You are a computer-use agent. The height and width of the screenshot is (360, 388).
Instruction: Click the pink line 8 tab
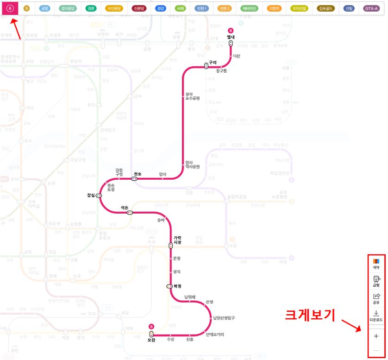coord(10,8)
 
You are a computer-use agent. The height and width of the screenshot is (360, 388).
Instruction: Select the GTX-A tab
coord(371,8)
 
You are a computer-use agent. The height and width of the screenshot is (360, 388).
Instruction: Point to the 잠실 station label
coord(90,195)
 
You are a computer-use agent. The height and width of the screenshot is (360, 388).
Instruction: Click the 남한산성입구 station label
coord(224,318)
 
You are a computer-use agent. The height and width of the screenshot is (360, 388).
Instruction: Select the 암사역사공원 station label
coord(192,164)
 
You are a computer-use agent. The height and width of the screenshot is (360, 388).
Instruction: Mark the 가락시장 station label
coord(177,240)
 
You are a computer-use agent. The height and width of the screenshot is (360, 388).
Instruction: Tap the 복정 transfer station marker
coord(169,286)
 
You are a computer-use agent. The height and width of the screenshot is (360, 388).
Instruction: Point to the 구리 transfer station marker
coord(207,66)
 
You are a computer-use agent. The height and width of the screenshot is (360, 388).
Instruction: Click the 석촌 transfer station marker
coord(130,213)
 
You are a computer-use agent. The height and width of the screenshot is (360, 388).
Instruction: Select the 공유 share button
coord(376,298)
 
